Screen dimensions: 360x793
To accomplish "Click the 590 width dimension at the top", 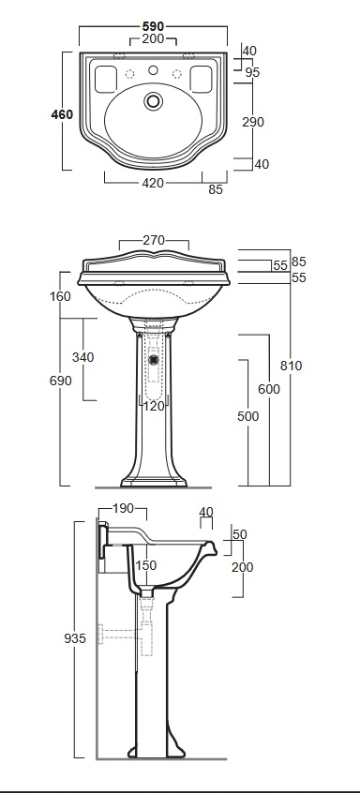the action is click(153, 27).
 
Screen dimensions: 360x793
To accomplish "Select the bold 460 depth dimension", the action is click(62, 114).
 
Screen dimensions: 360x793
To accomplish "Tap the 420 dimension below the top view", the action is click(153, 183).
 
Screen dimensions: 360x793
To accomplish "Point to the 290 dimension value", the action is click(253, 122).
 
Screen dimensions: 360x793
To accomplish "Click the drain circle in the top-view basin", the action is click(153, 100).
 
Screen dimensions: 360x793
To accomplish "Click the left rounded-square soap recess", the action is click(105, 80).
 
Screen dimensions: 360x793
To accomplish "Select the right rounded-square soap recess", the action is click(201, 80).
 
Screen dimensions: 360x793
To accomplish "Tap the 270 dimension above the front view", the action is click(154, 240).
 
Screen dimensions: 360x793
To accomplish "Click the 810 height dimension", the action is click(291, 366).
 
